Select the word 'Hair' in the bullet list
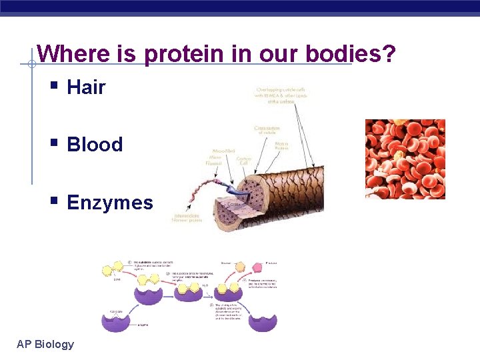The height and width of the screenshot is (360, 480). [86, 87]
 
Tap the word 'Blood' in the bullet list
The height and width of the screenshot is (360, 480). [95, 145]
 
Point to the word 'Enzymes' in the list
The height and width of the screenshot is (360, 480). [110, 203]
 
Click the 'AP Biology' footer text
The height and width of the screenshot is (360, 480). [45, 344]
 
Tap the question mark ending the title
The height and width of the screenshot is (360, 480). [390, 53]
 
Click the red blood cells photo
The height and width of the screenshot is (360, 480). [405, 159]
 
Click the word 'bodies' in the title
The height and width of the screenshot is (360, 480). [341, 54]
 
